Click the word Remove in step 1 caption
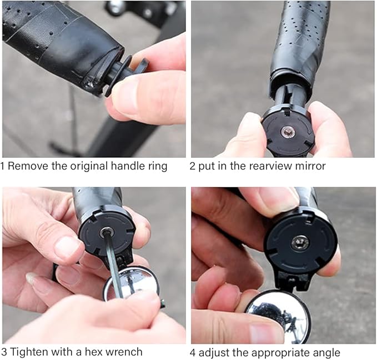click(28, 166)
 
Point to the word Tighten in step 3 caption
click(29, 352)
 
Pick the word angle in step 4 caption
click(326, 353)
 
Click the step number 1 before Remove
click(2, 166)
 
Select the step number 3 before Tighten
click(4, 352)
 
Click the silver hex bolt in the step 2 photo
click(287, 132)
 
